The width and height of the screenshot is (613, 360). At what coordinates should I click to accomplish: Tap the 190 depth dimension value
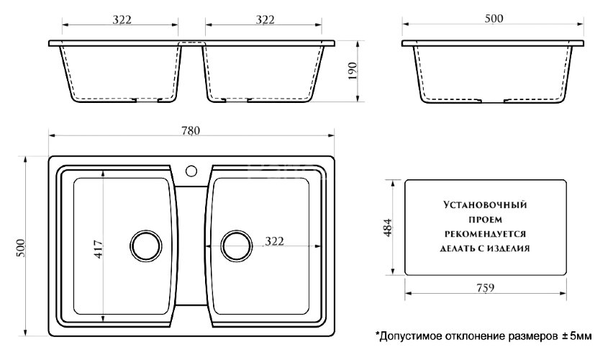tap(352, 72)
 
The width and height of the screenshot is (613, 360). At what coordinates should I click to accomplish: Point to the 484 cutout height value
tap(387, 227)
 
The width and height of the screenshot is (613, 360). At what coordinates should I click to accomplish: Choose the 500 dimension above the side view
tap(492, 19)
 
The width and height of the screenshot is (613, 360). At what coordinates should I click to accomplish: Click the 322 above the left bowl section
tap(122, 20)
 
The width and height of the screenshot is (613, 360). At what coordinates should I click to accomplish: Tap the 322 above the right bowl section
tap(265, 20)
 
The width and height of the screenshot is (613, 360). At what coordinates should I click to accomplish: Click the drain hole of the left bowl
tap(146, 246)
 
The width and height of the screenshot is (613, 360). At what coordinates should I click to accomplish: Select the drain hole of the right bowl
tap(236, 246)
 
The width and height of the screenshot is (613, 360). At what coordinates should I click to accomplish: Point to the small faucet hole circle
tap(192, 171)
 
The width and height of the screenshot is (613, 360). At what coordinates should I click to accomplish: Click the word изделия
tap(508, 248)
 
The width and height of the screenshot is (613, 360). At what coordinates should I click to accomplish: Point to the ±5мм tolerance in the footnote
tap(576, 336)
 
